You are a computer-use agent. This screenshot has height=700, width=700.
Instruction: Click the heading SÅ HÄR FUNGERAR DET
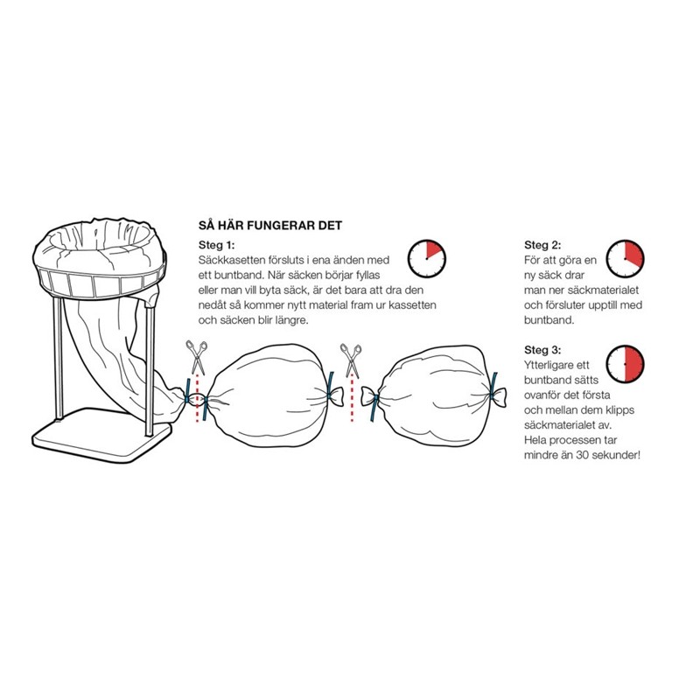pos(270,226)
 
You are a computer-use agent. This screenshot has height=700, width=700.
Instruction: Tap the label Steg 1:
pos(216,245)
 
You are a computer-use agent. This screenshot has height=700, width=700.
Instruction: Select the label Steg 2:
pos(542,245)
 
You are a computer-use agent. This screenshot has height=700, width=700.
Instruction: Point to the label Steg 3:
pos(542,350)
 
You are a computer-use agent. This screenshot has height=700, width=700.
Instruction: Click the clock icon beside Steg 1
pos(427,258)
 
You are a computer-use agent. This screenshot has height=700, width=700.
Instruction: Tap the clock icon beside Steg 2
pos(625,259)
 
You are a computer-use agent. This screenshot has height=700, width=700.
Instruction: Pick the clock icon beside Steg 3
pos(625,364)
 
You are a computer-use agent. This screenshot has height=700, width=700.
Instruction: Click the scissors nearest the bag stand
pos(197,357)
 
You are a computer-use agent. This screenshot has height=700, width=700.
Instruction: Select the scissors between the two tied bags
pos(351,360)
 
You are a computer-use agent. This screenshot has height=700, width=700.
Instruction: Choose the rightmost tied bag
pos(434,395)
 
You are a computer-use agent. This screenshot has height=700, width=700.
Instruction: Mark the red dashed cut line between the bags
pos(353,400)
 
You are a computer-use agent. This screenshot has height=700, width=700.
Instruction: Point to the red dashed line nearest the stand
pos(198,399)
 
